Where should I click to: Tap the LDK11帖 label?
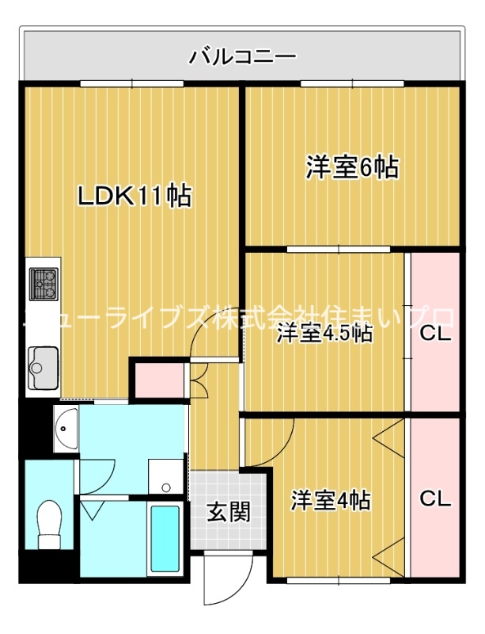[135, 196]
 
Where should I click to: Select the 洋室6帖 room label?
[352, 168]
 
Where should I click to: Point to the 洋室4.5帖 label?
[324, 334]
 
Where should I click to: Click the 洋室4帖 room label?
[331, 500]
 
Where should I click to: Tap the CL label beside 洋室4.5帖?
[434, 334]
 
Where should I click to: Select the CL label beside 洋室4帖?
[434, 499]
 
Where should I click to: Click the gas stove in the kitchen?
[44, 283]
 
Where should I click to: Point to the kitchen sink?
[42, 368]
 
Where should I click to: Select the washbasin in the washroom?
[65, 429]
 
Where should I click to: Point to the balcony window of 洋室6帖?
[352, 83]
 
